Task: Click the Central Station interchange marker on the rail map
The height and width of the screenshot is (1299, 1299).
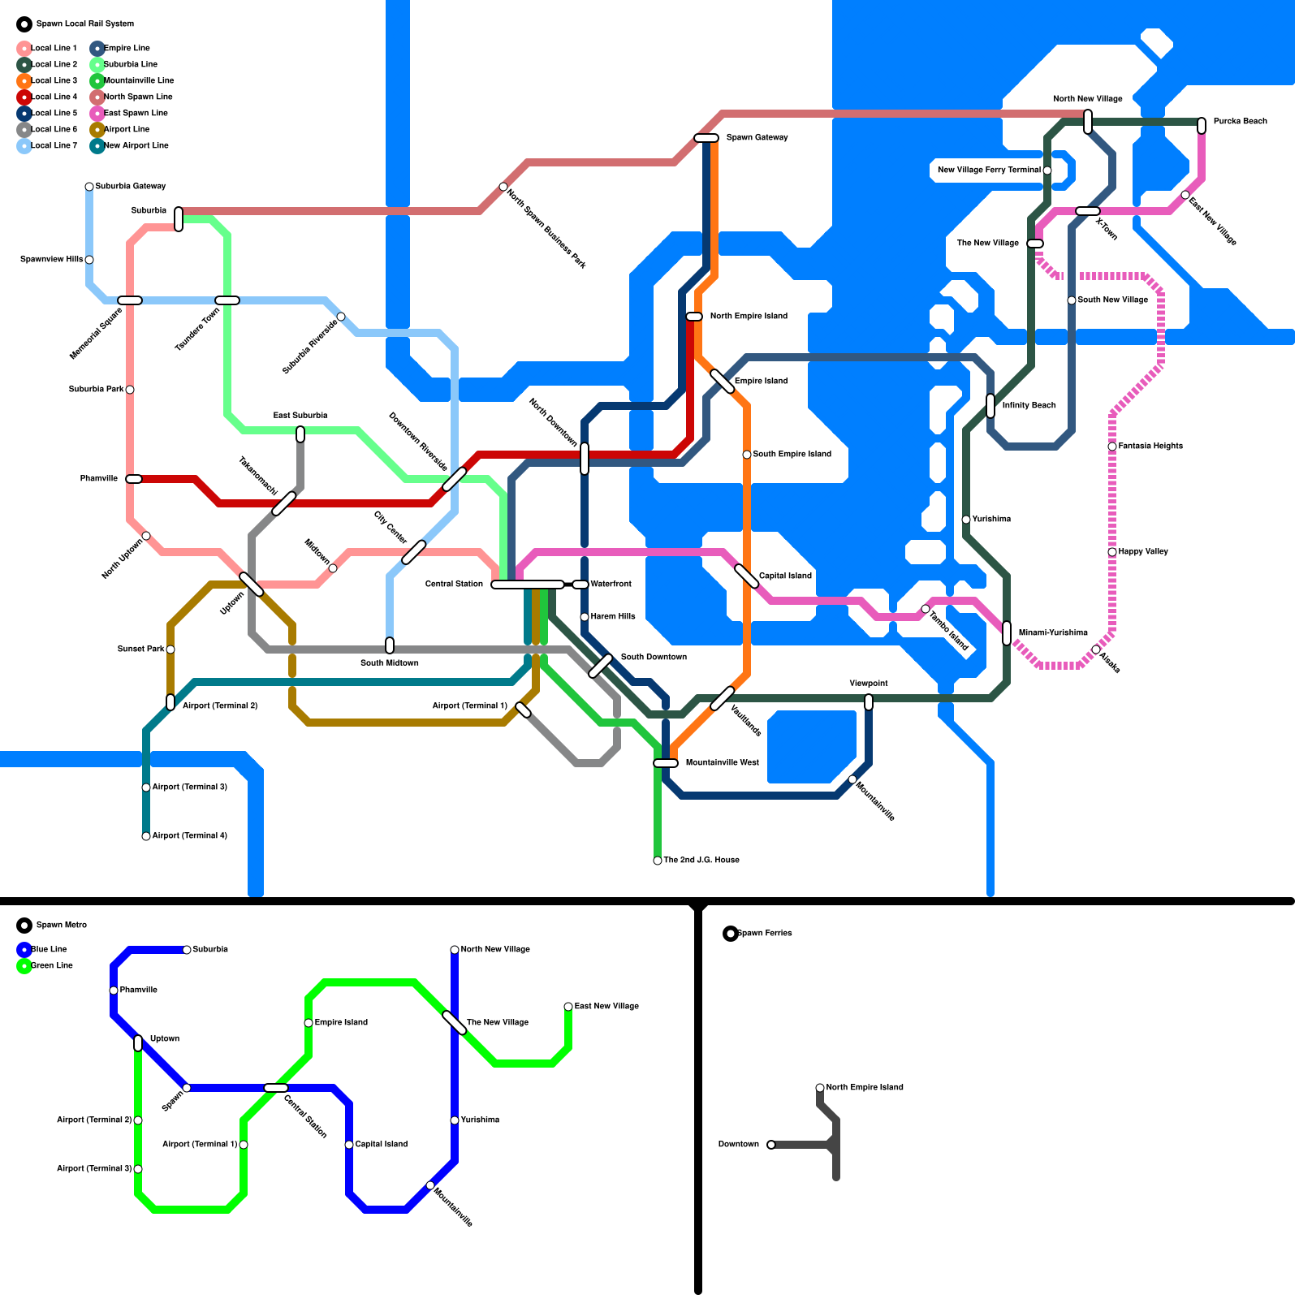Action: [x=528, y=585]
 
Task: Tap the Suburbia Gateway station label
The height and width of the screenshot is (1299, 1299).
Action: [x=131, y=186]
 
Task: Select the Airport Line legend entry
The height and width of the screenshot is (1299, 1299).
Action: [x=126, y=129]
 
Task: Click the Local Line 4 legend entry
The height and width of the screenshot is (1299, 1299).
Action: [x=54, y=97]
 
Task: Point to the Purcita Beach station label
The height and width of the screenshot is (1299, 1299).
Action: [x=1240, y=121]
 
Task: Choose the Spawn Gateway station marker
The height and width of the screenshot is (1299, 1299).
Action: [x=706, y=138]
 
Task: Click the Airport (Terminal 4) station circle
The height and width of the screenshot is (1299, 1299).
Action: [x=146, y=836]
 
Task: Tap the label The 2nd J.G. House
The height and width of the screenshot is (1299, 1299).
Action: [x=701, y=860]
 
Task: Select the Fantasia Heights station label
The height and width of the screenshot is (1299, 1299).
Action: [x=1150, y=446]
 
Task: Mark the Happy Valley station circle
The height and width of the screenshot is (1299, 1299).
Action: [x=1112, y=552]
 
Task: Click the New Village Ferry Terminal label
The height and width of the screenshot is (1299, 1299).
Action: [x=988, y=170]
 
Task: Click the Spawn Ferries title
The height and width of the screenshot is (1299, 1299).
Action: [x=764, y=933]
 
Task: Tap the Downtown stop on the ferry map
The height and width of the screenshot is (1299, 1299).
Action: [x=771, y=1145]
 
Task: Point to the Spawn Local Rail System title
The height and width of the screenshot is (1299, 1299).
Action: [x=84, y=24]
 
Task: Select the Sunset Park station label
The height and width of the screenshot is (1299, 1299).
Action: [x=140, y=649]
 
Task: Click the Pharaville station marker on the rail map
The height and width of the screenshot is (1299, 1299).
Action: [x=134, y=479]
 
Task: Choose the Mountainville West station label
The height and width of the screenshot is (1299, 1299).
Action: [x=722, y=762]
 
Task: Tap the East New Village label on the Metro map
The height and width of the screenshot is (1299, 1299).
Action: [x=606, y=1006]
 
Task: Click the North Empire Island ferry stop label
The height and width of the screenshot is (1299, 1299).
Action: [x=864, y=1087]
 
